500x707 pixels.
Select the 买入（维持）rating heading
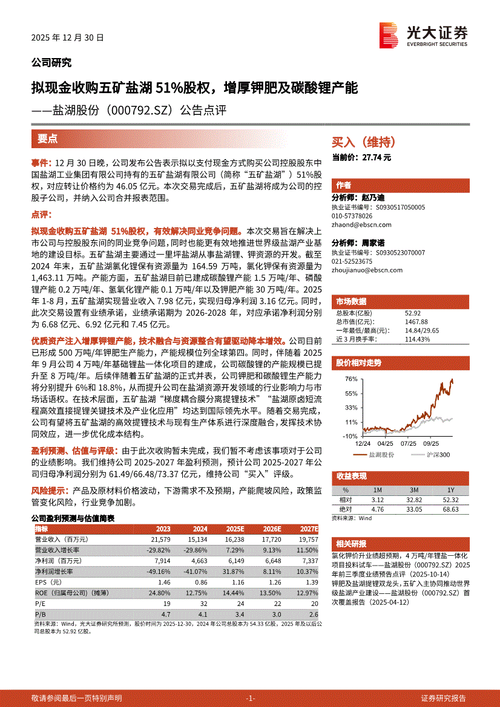click(363, 142)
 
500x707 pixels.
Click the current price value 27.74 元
click(377, 157)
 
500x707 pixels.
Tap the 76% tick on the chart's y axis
click(350, 379)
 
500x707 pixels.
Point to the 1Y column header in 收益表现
click(450, 490)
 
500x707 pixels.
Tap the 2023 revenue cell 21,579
click(157, 538)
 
